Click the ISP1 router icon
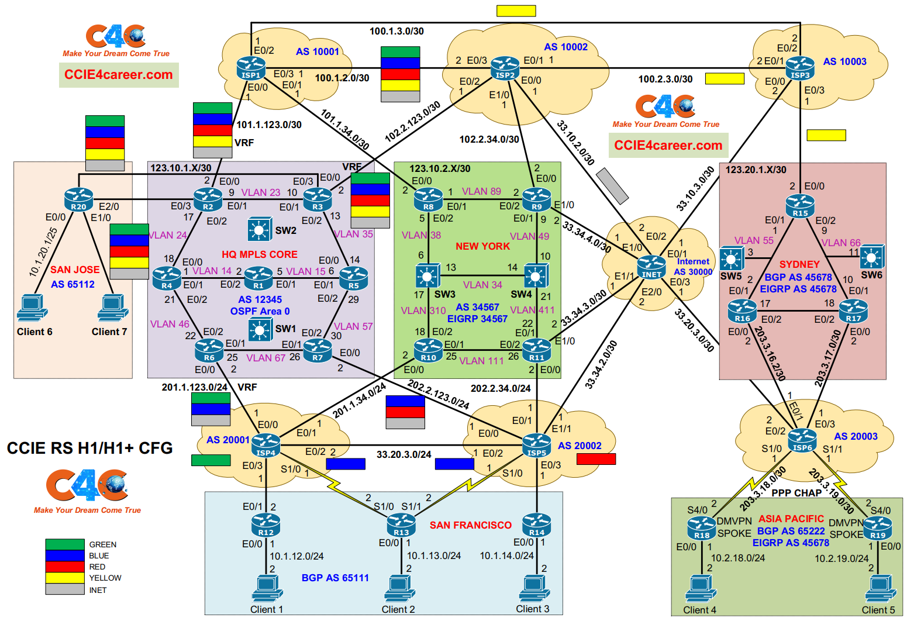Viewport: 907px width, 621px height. [251, 68]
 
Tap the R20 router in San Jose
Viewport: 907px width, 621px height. [79, 199]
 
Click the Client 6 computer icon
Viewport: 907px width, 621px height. [32, 307]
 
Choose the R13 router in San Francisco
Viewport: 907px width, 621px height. [401, 525]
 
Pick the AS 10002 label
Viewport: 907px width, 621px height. [565, 47]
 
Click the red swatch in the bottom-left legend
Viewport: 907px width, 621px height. [65, 567]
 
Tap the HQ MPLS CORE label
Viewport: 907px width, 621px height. [259, 254]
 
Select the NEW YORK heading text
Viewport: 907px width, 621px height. [482, 246]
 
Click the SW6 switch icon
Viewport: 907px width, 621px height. [871, 257]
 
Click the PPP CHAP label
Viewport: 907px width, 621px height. [796, 493]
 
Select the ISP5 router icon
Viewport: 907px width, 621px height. [536, 445]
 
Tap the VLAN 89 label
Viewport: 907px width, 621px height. [481, 191]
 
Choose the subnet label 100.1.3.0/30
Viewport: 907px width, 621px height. [396, 31]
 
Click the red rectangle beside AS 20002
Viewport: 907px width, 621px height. [596, 459]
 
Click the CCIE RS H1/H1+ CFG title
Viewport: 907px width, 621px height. [89, 448]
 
